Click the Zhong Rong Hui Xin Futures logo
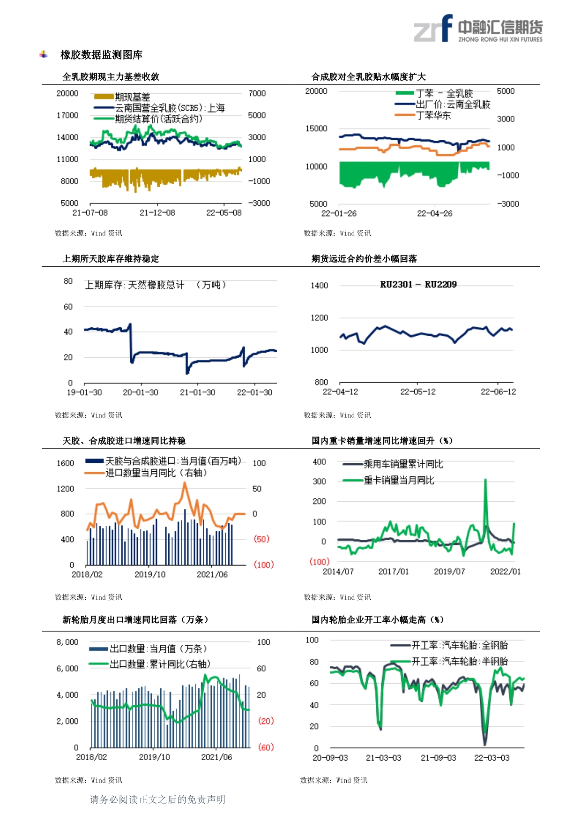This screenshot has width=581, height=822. (x=478, y=28)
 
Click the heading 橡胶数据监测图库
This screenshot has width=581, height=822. (x=101, y=55)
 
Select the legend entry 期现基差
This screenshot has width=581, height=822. (x=133, y=97)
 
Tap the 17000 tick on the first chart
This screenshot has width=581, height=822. (x=67, y=115)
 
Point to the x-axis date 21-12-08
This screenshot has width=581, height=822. (x=157, y=213)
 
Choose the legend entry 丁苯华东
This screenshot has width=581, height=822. (x=433, y=115)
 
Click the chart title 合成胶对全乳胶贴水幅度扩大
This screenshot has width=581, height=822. (x=369, y=77)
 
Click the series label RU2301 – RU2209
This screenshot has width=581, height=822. (x=418, y=285)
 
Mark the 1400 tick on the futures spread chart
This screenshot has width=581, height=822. (x=320, y=286)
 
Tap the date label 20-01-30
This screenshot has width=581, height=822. (x=141, y=392)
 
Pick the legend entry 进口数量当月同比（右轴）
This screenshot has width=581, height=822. (x=156, y=473)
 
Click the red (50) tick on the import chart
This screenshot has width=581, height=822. (x=261, y=539)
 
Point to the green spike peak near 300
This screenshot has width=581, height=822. (x=485, y=480)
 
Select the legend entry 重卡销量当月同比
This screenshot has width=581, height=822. (x=399, y=480)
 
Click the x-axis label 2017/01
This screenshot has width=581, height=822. (x=394, y=572)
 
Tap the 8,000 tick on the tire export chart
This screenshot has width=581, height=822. (x=67, y=642)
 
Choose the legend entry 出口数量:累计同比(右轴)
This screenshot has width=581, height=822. (x=160, y=664)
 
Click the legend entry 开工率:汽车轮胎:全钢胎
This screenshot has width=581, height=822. (x=460, y=646)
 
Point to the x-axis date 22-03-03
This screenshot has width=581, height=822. (x=492, y=758)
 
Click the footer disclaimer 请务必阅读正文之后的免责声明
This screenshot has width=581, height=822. (x=157, y=799)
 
